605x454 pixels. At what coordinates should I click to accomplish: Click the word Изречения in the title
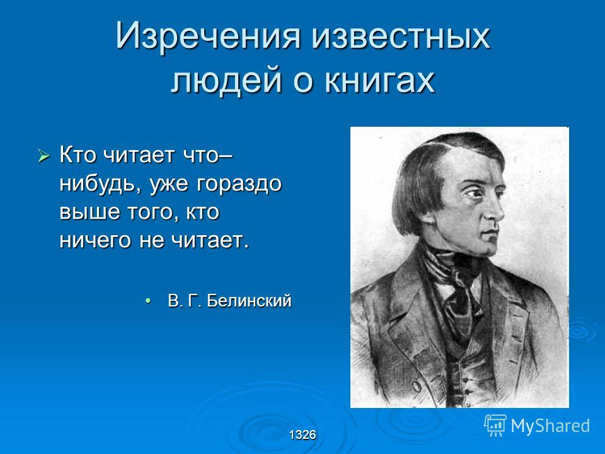point(207,36)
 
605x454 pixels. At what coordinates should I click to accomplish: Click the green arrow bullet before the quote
point(43,156)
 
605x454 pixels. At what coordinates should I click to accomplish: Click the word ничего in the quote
point(95,241)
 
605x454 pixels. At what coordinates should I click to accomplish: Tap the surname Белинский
point(249,301)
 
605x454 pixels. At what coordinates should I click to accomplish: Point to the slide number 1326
point(302,435)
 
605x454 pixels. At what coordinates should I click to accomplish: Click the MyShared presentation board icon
point(495,425)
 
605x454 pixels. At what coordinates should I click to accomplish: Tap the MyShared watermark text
point(550,426)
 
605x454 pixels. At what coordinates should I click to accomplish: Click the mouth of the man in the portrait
point(490,233)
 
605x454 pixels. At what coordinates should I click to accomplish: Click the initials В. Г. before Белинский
point(183,301)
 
